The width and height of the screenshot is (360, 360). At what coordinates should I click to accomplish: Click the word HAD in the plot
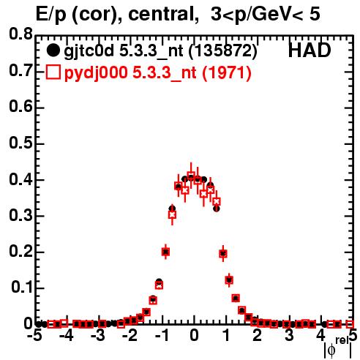310,50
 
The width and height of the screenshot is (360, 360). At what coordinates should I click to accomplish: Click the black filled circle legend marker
53,50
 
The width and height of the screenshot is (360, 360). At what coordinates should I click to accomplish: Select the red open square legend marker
53,72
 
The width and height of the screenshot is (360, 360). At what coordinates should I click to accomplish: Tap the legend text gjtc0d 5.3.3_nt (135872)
160,51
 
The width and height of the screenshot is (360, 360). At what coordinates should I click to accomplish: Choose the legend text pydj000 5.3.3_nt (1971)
158,73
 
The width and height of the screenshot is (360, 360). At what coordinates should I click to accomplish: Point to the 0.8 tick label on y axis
21,34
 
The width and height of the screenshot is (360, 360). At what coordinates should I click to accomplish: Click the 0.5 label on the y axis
21,143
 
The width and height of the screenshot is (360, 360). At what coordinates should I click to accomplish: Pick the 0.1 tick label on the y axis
22,288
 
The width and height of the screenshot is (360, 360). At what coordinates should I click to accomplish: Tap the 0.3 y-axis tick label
21,215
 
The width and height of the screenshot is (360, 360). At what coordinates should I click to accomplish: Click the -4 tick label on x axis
67,336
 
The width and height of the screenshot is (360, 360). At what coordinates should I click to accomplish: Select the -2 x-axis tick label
130,336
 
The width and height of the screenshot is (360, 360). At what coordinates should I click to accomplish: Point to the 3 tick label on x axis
289,336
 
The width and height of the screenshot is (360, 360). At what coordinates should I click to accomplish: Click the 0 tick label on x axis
194,336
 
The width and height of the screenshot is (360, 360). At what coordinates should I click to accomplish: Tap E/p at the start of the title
51,15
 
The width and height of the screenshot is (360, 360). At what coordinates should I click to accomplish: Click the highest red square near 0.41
191,175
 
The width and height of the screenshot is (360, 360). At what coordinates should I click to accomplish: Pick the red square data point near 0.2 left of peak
165,252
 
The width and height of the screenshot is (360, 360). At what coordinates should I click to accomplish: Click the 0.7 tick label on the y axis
21,70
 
